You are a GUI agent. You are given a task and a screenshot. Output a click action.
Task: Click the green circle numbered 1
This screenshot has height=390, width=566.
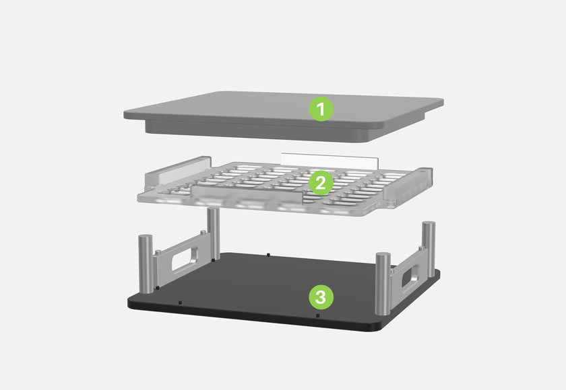[321, 109]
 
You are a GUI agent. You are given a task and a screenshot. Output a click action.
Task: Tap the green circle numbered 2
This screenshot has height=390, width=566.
[321, 183]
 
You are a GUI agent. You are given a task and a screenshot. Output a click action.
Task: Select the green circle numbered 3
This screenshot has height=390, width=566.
[321, 297]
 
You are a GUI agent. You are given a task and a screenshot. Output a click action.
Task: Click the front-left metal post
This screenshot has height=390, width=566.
[146, 263]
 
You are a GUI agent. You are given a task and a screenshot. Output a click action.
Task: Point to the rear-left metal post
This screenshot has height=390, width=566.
[214, 234]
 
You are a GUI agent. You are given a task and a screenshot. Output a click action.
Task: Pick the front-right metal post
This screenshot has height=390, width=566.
[383, 283]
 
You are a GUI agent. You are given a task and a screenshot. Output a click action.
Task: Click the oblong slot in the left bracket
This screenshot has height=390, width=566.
[185, 258]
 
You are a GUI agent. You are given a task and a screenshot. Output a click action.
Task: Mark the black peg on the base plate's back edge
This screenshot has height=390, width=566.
[268, 255]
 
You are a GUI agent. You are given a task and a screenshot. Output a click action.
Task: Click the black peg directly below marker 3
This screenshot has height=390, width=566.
[317, 315]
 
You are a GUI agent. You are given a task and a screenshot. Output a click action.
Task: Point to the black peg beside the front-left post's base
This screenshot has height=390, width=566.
[158, 288]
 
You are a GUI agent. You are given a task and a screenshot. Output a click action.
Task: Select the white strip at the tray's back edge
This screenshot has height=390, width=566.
[329, 160]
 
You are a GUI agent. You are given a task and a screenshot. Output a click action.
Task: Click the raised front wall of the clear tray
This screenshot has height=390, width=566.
[247, 194]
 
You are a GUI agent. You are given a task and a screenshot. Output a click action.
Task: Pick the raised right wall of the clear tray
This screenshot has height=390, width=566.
[408, 185]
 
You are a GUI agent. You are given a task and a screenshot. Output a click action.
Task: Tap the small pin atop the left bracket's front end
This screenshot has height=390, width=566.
[158, 253]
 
